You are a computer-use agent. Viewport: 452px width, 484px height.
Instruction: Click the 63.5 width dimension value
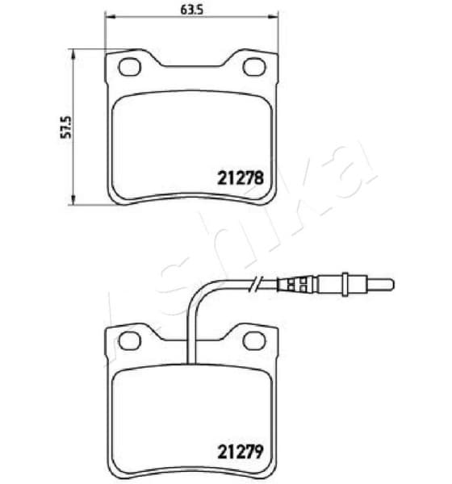pyautogui.click(x=190, y=10)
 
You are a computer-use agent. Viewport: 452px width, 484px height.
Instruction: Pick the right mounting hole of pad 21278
pyautogui.click(x=253, y=66)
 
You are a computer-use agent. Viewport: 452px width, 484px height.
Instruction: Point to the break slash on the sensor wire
pyautogui.click(x=257, y=282)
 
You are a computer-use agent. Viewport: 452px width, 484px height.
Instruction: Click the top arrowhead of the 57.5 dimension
pyautogui.click(x=73, y=53)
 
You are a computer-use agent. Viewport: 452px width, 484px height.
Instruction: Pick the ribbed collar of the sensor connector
pyautogui.click(x=295, y=283)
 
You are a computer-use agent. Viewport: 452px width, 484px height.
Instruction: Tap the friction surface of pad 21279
pyautogui.click(x=161, y=419)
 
